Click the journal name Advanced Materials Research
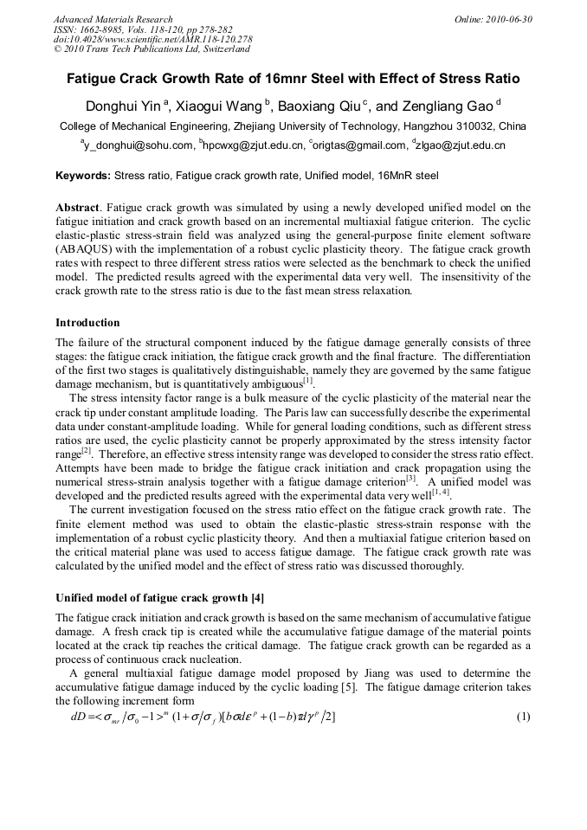pos(113,19)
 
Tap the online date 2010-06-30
pos(508,19)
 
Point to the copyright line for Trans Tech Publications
pos(152,50)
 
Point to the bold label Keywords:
pos(83,176)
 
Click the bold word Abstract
pos(78,208)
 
